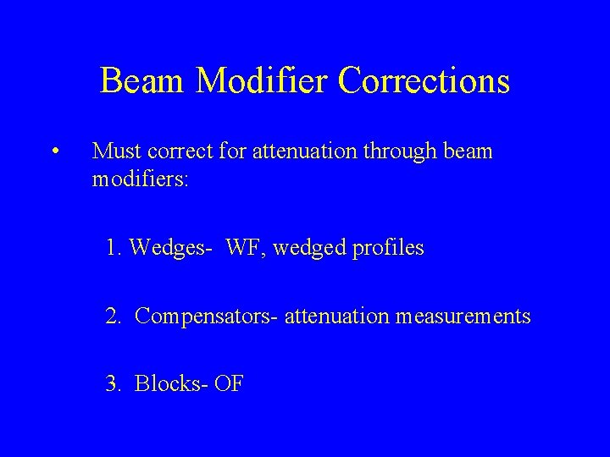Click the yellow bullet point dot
point(53,153)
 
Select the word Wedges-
point(170,250)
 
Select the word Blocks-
point(171,384)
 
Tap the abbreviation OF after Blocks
point(228,384)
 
